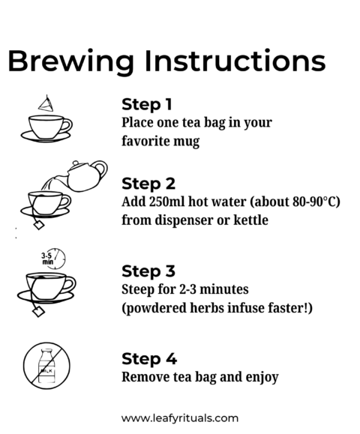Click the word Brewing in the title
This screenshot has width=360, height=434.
[x=71, y=61]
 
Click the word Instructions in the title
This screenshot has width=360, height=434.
[x=235, y=60]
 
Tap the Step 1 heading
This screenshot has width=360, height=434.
[x=147, y=105]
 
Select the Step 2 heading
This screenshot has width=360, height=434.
[x=148, y=184]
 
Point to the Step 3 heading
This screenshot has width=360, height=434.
[x=148, y=271]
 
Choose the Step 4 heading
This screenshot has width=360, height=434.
[x=149, y=359]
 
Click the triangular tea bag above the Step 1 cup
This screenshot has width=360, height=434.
[x=46, y=103]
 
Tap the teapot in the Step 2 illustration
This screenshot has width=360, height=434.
[x=86, y=175]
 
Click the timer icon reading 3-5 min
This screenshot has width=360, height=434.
[x=53, y=259]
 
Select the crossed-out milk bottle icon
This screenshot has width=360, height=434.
[x=46, y=366]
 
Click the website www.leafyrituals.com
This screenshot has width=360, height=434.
[x=180, y=418]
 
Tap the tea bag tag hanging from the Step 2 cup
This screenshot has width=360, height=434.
[x=39, y=224]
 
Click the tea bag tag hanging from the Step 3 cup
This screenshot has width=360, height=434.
[x=39, y=312]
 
